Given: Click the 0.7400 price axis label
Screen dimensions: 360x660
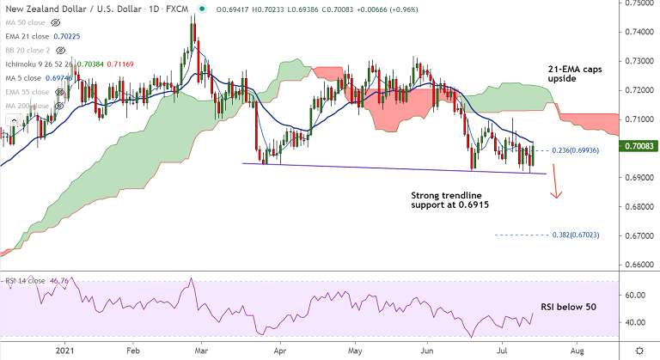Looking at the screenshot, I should [638, 33].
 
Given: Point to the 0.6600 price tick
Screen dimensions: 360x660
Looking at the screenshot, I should [638, 265].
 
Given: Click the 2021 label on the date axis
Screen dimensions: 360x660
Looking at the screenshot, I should [66, 351].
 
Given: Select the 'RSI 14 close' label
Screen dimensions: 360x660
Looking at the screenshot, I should [25, 281].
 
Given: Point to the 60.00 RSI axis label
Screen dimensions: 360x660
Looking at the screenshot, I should [635, 295].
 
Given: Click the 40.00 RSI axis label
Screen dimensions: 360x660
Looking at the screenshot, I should [635, 322].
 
